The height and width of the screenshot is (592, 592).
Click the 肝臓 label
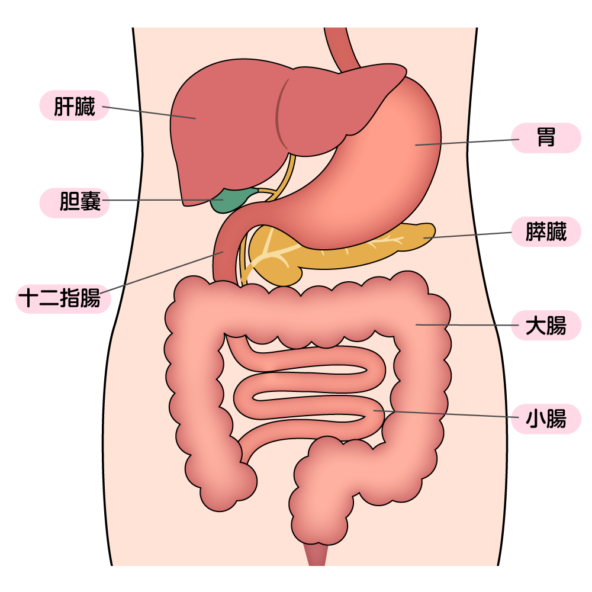click(x=75, y=106)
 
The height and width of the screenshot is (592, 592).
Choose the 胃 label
click(x=546, y=138)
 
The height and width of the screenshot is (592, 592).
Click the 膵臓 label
click(x=546, y=231)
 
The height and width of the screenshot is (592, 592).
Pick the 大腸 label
click(x=546, y=325)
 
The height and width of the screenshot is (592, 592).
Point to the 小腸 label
click(x=546, y=419)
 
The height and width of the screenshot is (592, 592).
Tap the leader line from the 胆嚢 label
click(x=160, y=200)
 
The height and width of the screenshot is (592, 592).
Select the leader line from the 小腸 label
click(x=444, y=414)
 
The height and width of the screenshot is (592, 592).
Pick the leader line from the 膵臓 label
click(x=468, y=235)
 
